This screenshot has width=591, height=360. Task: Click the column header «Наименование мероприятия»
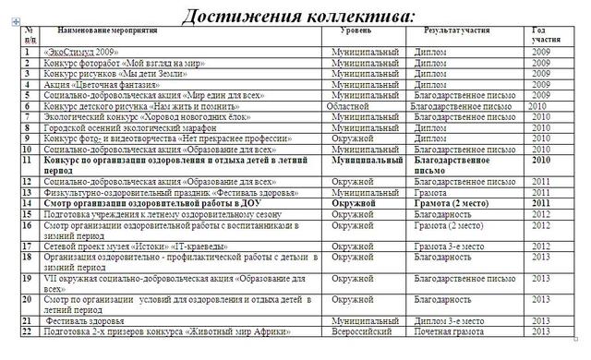click(x=119, y=31)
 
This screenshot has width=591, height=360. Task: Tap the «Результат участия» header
click(x=456, y=31)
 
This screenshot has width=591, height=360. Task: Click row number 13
click(x=28, y=193)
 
